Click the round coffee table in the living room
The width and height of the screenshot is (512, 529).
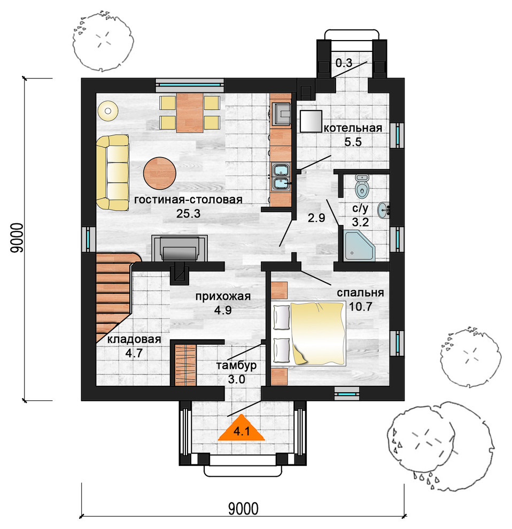(160, 174)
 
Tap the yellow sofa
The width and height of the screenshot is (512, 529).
(112, 173)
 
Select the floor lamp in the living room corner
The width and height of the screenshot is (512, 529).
(107, 111)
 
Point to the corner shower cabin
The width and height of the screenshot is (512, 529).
(360, 246)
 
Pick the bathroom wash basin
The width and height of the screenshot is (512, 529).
(384, 210)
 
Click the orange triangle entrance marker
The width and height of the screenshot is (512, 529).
(242, 427)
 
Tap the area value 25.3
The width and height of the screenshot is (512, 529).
(188, 214)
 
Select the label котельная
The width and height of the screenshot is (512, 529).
(353, 128)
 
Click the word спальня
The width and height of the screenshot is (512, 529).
(360, 293)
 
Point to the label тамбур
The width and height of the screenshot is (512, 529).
(236, 365)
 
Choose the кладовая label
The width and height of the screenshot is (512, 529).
(134, 339)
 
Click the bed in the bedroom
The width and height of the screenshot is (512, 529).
(309, 334)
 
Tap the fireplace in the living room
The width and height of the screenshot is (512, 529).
(180, 248)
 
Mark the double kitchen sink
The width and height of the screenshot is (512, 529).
(281, 177)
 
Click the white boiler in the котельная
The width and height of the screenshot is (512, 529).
(311, 121)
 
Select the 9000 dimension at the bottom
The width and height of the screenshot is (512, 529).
(243, 509)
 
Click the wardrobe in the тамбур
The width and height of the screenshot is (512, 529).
(185, 365)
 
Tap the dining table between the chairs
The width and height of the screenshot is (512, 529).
(190, 113)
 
